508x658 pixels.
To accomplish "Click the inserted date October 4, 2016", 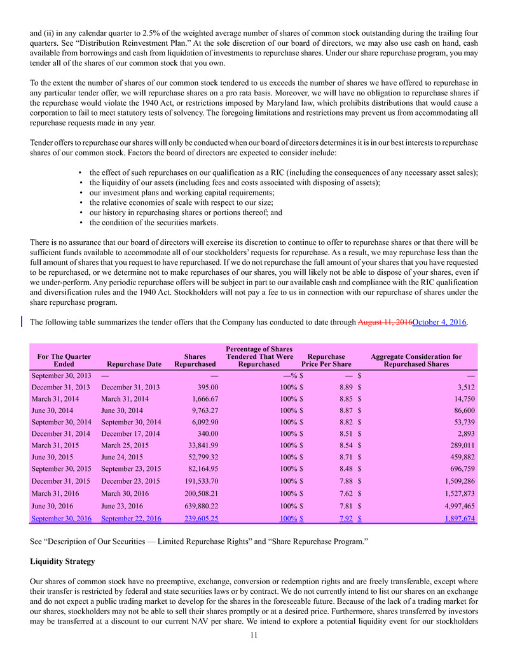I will [x=439, y=322].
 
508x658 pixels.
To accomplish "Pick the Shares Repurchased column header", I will [x=195, y=360].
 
